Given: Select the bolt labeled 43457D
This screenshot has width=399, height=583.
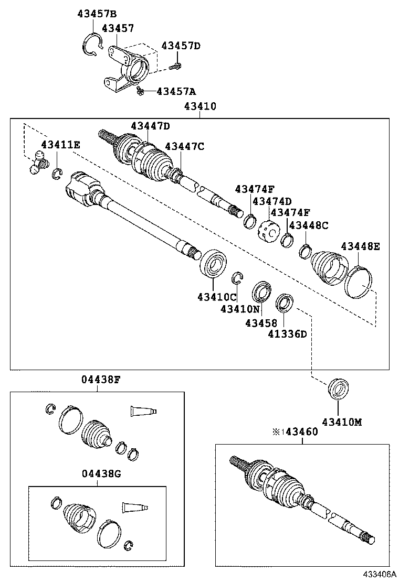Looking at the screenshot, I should point(177,66).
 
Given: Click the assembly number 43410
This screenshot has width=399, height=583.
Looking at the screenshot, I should point(200,106).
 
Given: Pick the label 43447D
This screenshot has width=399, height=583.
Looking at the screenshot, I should point(151,126).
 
